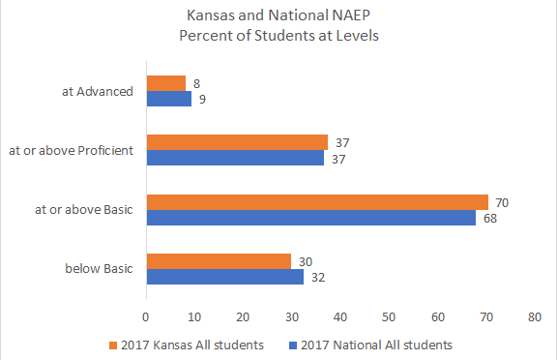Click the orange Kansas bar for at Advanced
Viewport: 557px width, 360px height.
pyautogui.click(x=165, y=83)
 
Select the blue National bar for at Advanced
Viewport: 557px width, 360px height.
pyautogui.click(x=168, y=98)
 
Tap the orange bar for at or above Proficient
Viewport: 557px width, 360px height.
pyautogui.click(x=236, y=142)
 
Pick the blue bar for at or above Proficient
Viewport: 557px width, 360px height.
pyautogui.click(x=235, y=158)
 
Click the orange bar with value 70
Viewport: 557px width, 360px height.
pyautogui.click(x=316, y=202)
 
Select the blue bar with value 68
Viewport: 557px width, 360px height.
pyautogui.click(x=310, y=217)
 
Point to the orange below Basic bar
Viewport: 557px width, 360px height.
pyautogui.click(x=219, y=261)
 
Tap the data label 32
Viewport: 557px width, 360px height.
pyautogui.click(x=317, y=277)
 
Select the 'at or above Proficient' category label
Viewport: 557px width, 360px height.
pyautogui.click(x=71, y=150)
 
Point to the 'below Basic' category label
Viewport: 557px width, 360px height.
pyautogui.click(x=101, y=269)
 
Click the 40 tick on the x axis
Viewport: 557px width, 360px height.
pyautogui.click(x=339, y=315)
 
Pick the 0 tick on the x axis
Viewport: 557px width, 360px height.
pyautogui.click(x=145, y=315)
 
